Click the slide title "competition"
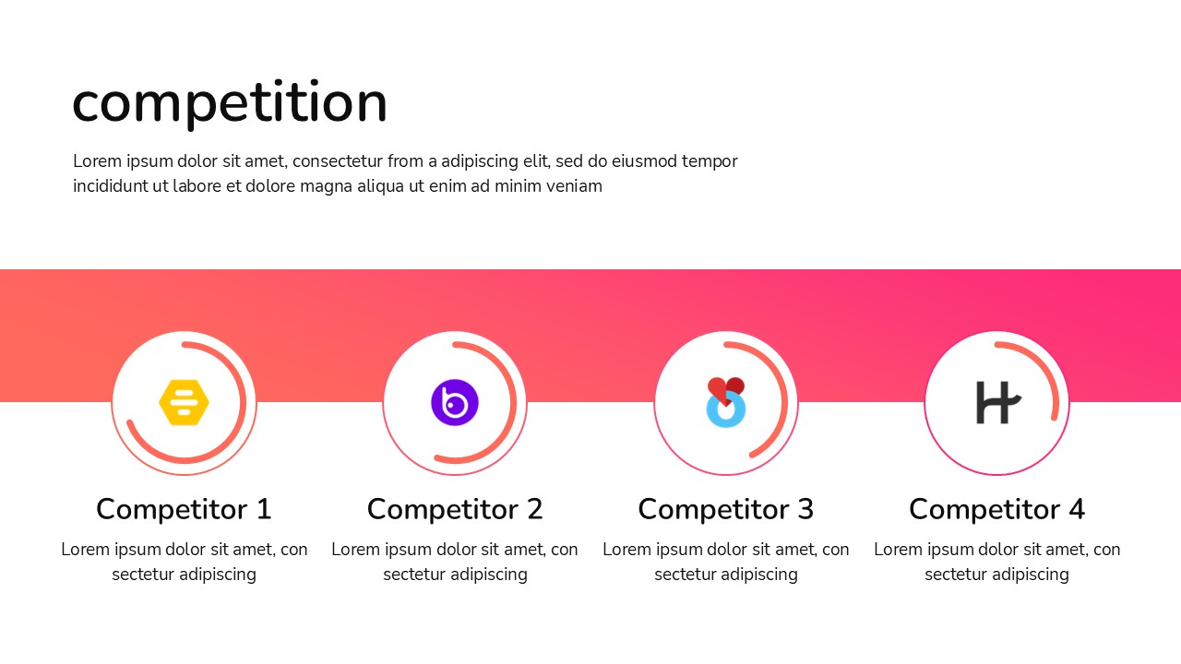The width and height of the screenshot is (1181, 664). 230,102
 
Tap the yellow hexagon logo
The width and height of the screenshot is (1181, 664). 185,403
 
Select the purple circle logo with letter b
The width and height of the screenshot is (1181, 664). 455,403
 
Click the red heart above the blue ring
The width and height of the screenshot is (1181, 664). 726,388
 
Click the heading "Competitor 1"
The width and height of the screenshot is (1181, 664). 184,509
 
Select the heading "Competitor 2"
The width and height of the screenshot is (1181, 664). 455,509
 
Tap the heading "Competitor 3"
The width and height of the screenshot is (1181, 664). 726,509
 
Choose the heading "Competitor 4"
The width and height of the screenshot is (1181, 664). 996,509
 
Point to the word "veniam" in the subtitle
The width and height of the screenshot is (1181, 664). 574,186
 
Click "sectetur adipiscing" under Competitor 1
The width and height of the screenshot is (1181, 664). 184,575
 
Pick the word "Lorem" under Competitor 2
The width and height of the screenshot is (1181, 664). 355,550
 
